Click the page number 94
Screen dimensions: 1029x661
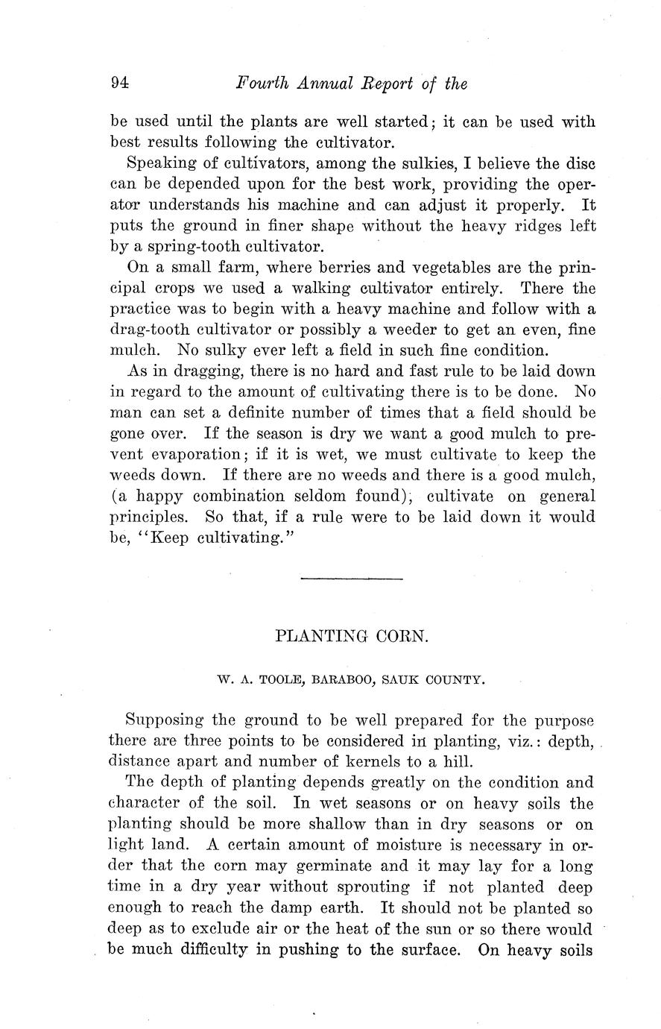pos(119,84)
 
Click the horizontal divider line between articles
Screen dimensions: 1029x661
pos(351,578)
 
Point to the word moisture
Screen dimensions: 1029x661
pos(373,845)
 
